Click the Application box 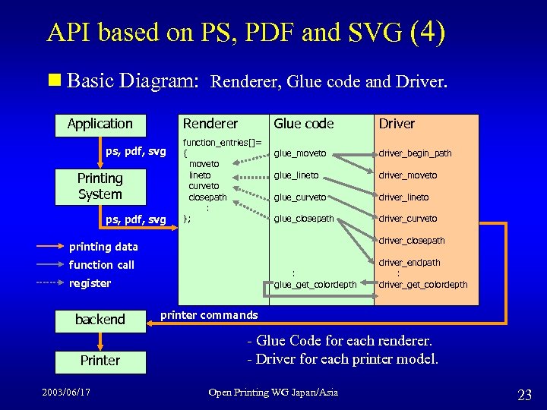point(100,124)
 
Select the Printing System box point(100,186)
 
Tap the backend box point(100,320)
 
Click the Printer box point(100,360)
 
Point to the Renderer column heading point(210,124)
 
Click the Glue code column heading point(304,124)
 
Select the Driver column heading point(397,124)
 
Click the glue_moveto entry point(300,153)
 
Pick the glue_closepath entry point(304,219)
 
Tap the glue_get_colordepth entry point(315,285)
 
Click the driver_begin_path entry point(416,153)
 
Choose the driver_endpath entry point(409,263)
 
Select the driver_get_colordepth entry point(423,285)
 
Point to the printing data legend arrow point(52,247)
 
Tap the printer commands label point(209,315)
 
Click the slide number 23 point(524,394)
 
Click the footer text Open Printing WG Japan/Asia point(273,392)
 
